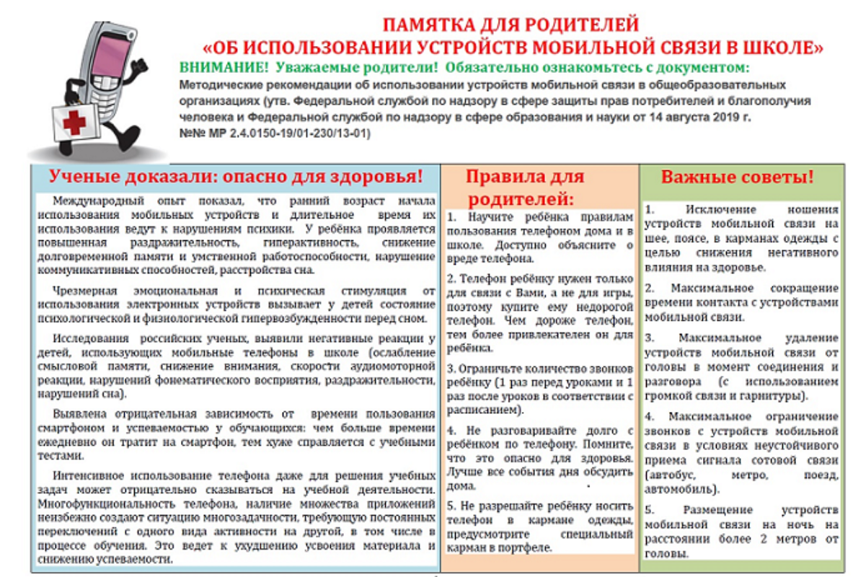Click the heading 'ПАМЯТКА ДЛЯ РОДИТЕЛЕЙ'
[x=511, y=26]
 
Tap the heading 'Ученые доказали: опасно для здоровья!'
[x=236, y=177]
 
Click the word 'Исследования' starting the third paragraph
[x=87, y=338]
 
